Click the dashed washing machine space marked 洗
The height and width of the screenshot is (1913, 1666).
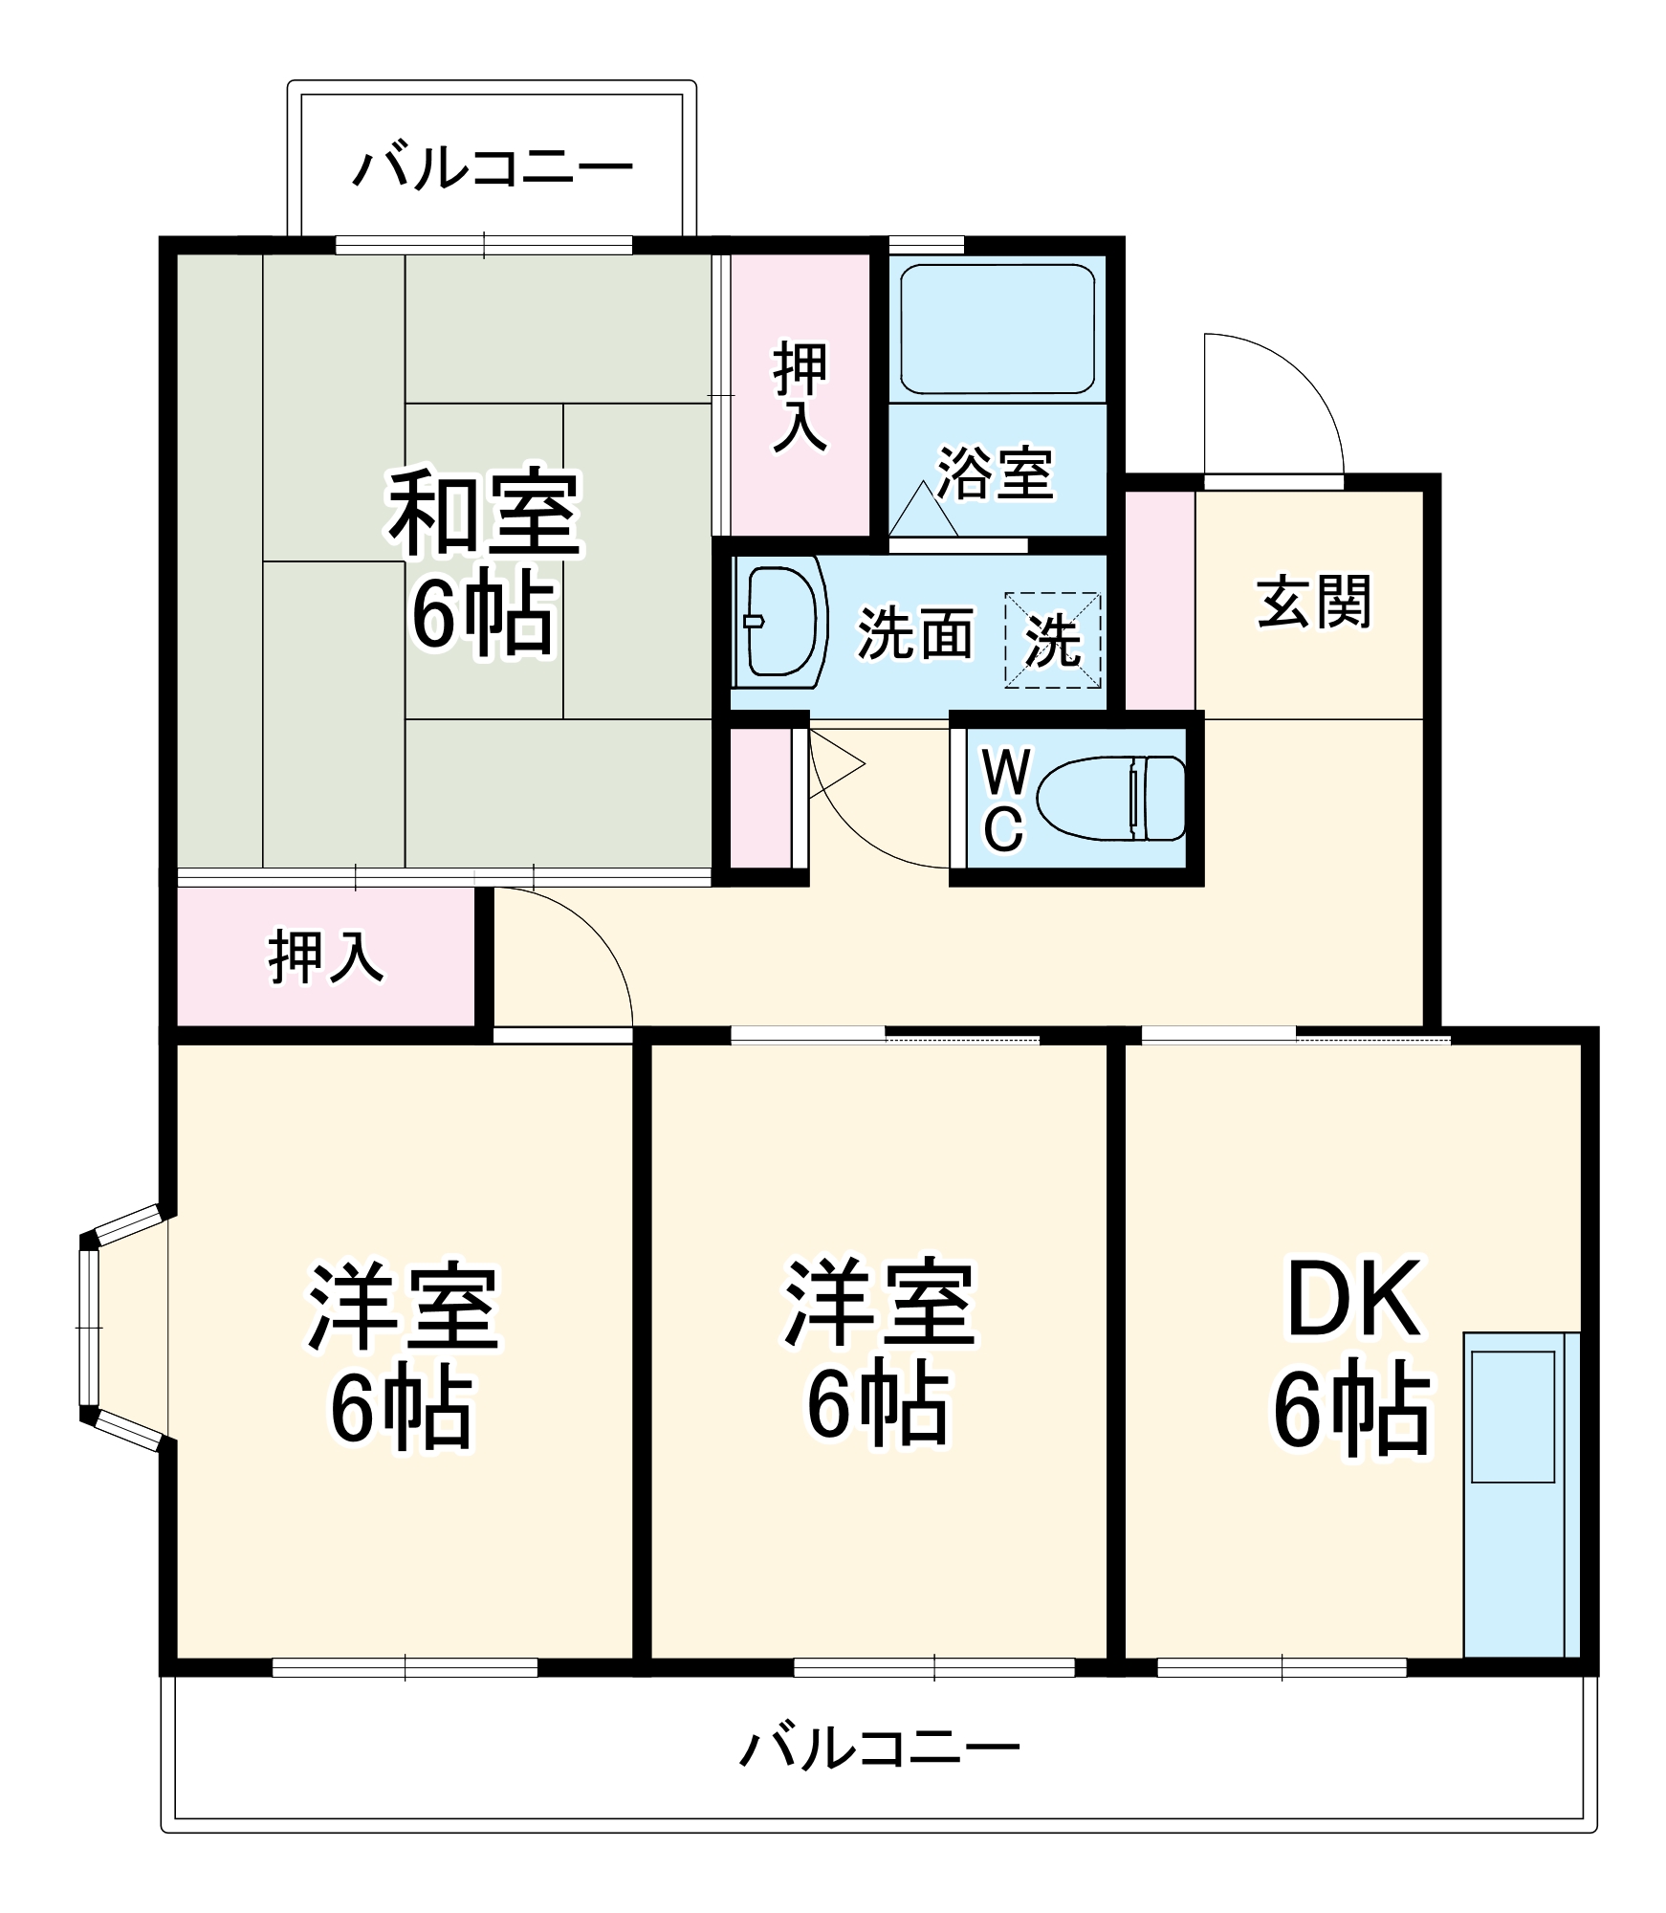point(1052,640)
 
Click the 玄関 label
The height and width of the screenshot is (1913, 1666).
point(1314,602)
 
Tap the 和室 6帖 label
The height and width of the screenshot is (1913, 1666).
point(484,564)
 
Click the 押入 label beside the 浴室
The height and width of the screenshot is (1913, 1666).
point(800,396)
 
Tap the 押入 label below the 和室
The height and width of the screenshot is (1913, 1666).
point(325,956)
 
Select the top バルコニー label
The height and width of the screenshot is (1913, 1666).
point(493,169)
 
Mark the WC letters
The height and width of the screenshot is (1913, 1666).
point(1004,800)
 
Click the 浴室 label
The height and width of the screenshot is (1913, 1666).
point(995,473)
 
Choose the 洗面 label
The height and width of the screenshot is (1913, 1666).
point(914,633)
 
